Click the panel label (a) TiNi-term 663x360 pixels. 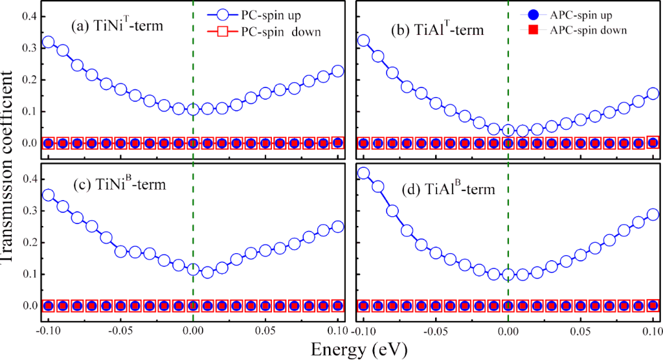[x=117, y=28]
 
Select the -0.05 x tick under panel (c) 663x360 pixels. [x=120, y=330]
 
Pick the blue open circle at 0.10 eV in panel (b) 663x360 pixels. [x=653, y=93]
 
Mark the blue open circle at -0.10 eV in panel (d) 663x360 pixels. [x=363, y=173]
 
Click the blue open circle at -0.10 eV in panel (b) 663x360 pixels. [x=363, y=41]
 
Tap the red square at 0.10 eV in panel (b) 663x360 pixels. [x=653, y=142]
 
